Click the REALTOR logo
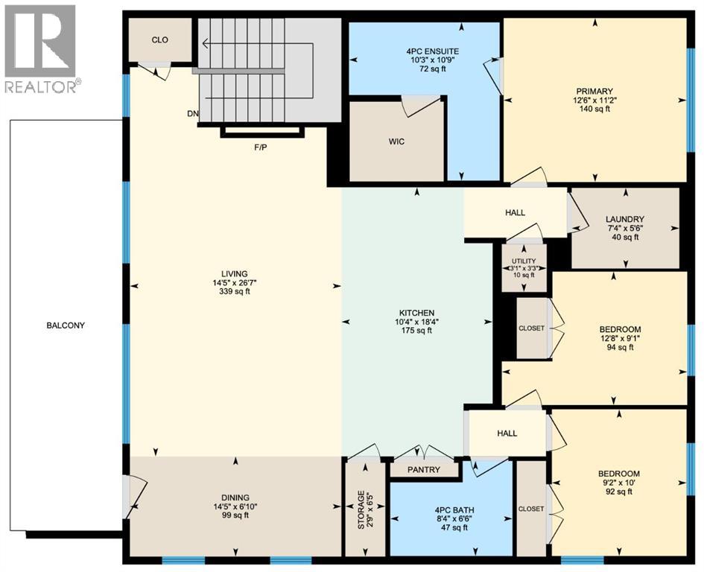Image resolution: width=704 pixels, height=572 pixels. pos(40,48)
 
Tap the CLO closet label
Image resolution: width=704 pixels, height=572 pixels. pos(160,40)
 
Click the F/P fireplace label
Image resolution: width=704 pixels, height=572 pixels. pos(261,147)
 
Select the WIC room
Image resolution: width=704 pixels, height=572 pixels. pos(397,142)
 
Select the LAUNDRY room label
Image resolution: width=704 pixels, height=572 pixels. pos(625,218)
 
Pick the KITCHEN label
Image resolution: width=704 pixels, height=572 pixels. pos(416,313)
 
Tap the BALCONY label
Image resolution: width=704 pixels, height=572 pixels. pos(66,325)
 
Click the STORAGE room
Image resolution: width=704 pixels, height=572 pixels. pos(364,511)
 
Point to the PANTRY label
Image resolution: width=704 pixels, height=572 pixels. pos(425,470)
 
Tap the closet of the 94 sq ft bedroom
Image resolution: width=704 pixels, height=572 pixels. pos(532,328)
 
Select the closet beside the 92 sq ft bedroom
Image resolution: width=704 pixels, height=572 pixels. pos(532,509)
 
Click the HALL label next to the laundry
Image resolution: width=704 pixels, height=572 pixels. pos(515,212)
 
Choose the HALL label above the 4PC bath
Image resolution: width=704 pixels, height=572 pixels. pos(507,433)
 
